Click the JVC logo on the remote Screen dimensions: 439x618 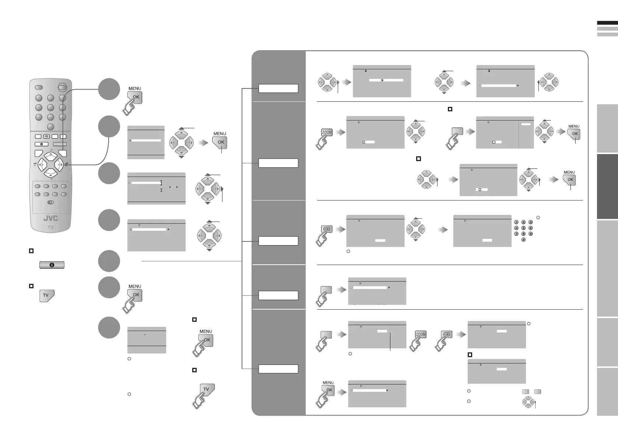50,218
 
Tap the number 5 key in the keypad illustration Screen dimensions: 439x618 523,228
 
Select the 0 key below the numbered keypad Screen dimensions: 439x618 523,240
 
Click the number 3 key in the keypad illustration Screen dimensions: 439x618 530,222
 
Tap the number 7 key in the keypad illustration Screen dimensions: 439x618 516,234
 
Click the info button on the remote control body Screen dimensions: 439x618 41,144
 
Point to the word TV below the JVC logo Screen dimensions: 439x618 50,227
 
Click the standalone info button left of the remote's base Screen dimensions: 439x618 52,265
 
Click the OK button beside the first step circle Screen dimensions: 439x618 136,97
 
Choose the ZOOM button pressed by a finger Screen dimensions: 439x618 327,133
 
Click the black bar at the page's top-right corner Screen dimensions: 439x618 607,23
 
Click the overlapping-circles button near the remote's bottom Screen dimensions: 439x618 50,202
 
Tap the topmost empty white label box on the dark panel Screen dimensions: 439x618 278,88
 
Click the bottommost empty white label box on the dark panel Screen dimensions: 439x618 278,369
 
